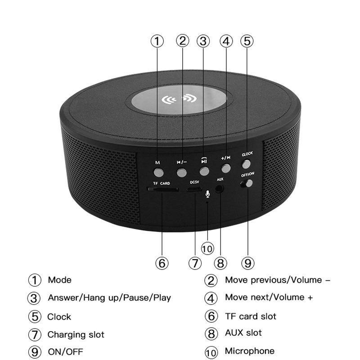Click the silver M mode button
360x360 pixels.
158,173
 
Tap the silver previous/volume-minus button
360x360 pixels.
181,172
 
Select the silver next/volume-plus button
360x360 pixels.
226,168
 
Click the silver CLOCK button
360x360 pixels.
246,164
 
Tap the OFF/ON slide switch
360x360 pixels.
247,184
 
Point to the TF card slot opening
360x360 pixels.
163,189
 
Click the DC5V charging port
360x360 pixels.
194,189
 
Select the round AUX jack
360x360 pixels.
219,189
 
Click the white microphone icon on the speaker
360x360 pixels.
207,194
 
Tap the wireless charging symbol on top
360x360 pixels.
179,99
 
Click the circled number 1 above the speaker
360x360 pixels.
157,41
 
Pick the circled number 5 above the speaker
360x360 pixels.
247,41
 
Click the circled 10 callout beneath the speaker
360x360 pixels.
207,249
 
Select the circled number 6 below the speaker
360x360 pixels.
162,263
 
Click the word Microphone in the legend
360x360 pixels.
250,351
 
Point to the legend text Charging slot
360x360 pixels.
76,334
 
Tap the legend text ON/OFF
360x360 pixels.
65,351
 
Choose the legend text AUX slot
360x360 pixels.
243,333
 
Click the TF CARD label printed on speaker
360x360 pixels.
162,183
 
